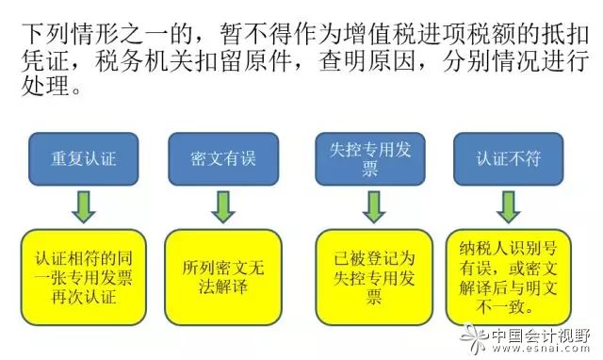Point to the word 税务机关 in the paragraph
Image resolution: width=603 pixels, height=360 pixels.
click(x=154, y=64)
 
